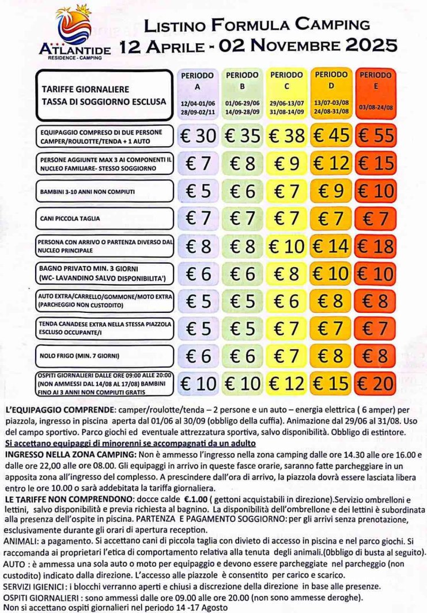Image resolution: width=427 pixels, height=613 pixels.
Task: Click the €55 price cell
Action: (375, 136)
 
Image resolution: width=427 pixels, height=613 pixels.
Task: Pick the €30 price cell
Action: (198, 136)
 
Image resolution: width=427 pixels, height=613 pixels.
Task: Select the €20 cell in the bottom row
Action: (375, 383)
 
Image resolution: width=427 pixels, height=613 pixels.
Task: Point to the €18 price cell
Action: (375, 246)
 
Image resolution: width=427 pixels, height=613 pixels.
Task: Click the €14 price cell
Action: (331, 246)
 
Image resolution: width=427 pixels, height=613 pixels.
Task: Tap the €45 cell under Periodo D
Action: (331, 136)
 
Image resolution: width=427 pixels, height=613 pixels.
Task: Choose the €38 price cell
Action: (286, 136)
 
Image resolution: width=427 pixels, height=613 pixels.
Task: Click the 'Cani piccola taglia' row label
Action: (104, 218)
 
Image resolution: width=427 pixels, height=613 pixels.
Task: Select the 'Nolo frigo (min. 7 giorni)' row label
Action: (104, 355)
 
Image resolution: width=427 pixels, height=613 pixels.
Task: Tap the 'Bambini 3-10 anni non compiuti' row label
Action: (104, 190)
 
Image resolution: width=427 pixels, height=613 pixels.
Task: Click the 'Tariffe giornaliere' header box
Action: (104, 95)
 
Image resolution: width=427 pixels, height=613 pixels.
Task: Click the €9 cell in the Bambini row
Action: (331, 190)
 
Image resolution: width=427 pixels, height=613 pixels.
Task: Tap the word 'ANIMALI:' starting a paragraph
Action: (21, 542)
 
